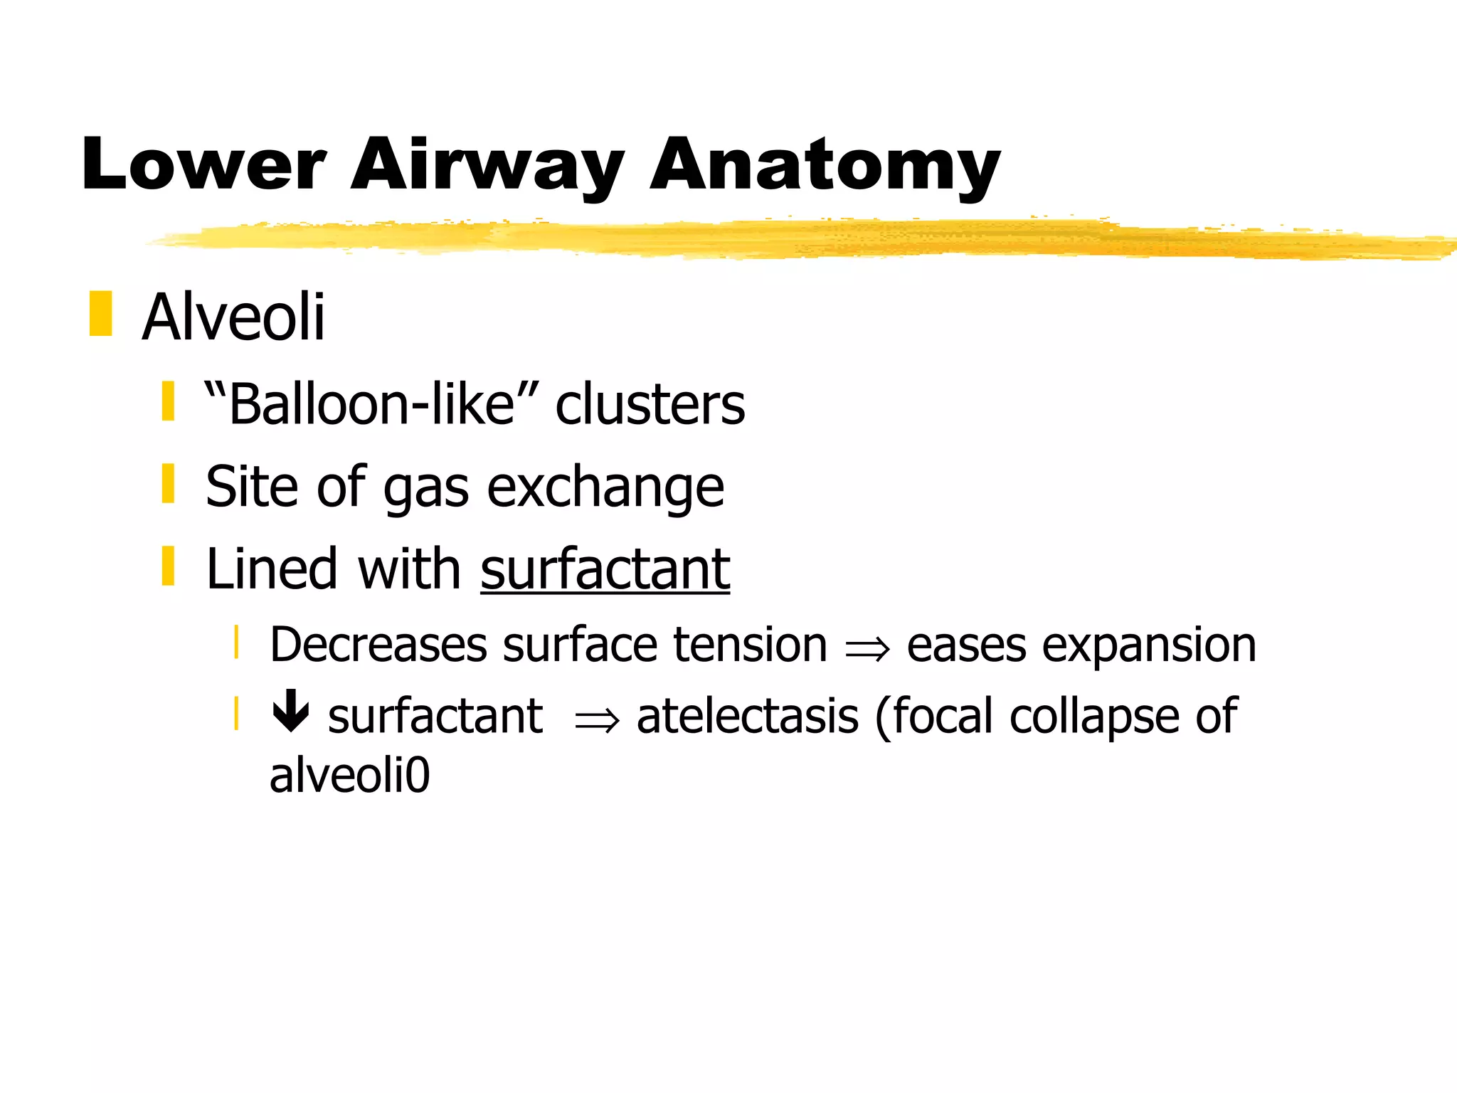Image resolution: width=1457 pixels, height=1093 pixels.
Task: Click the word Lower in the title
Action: pyautogui.click(x=203, y=165)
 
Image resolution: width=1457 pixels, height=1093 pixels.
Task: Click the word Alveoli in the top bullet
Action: pyautogui.click(x=233, y=317)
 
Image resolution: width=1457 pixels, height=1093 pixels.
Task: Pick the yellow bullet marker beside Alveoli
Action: pyautogui.click(x=101, y=313)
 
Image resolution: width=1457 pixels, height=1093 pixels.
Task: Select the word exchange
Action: pyautogui.click(x=605, y=487)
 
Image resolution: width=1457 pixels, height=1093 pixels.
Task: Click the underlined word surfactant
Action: pyautogui.click(x=605, y=569)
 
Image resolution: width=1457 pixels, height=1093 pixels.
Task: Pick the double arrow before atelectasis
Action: pyautogui.click(x=596, y=721)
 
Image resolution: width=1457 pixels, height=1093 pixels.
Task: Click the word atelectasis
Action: pyautogui.click(x=747, y=716)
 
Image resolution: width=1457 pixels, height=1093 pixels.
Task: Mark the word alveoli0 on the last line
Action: pyautogui.click(x=349, y=775)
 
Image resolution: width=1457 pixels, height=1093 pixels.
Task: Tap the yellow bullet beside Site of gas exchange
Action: pyautogui.click(x=168, y=483)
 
